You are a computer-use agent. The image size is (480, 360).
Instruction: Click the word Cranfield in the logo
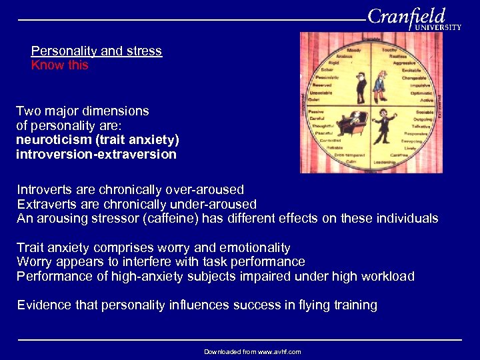(x=406, y=17)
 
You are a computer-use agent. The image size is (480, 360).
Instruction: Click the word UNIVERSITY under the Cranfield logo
(x=437, y=28)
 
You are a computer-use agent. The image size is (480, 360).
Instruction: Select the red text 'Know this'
(x=59, y=65)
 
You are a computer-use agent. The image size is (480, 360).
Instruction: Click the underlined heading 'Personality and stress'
(x=97, y=51)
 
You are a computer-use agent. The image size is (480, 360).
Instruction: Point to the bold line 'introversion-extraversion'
(x=96, y=155)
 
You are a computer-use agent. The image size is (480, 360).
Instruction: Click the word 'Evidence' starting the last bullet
(x=42, y=305)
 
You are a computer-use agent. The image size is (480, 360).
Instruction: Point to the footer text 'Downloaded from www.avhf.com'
(x=252, y=351)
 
